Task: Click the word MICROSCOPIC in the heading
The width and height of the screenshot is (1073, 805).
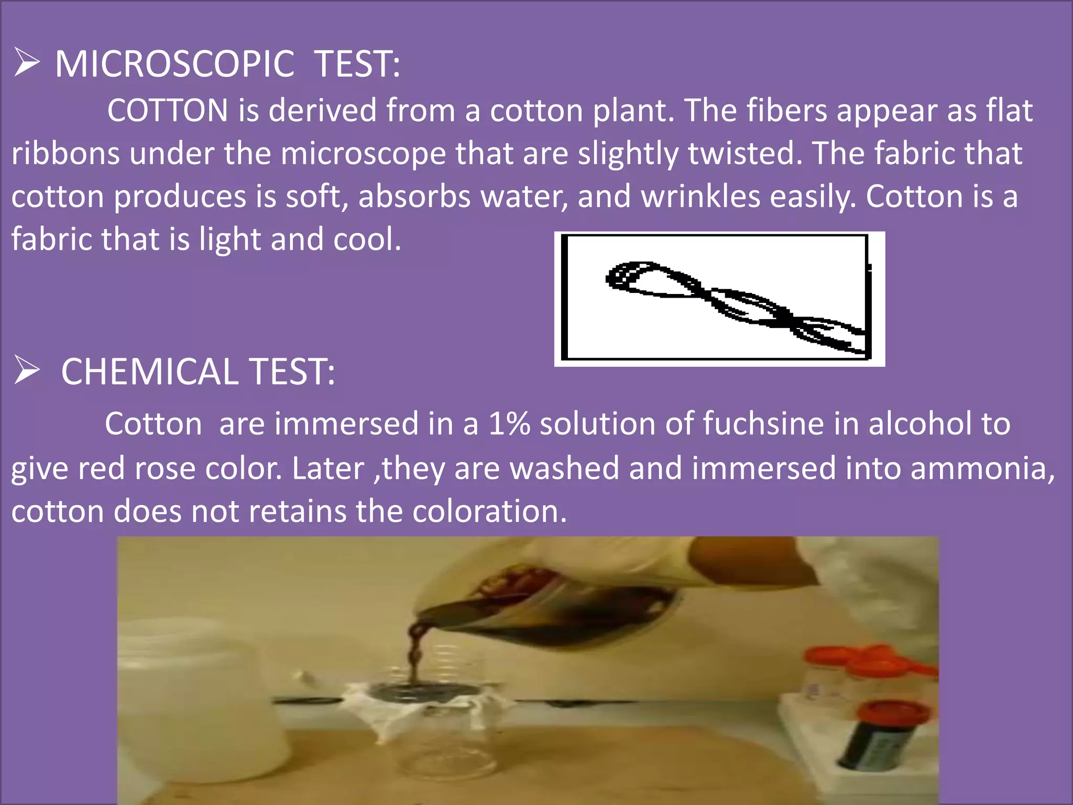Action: (x=174, y=64)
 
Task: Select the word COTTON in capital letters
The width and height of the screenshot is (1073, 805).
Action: (x=168, y=111)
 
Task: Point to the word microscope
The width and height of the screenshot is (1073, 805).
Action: (x=363, y=154)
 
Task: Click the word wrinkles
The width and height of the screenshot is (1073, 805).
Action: (x=700, y=197)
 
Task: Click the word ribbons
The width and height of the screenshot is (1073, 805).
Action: (x=65, y=154)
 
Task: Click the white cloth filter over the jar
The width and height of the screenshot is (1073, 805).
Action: (x=419, y=708)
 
